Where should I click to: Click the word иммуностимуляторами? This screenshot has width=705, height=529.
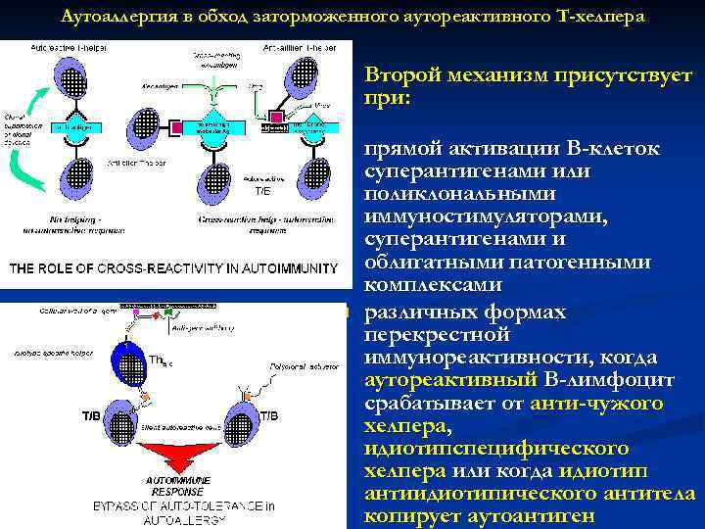coord(485,217)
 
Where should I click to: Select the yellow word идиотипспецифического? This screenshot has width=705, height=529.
coord(495,448)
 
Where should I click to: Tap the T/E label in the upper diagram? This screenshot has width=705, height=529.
coord(261,192)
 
